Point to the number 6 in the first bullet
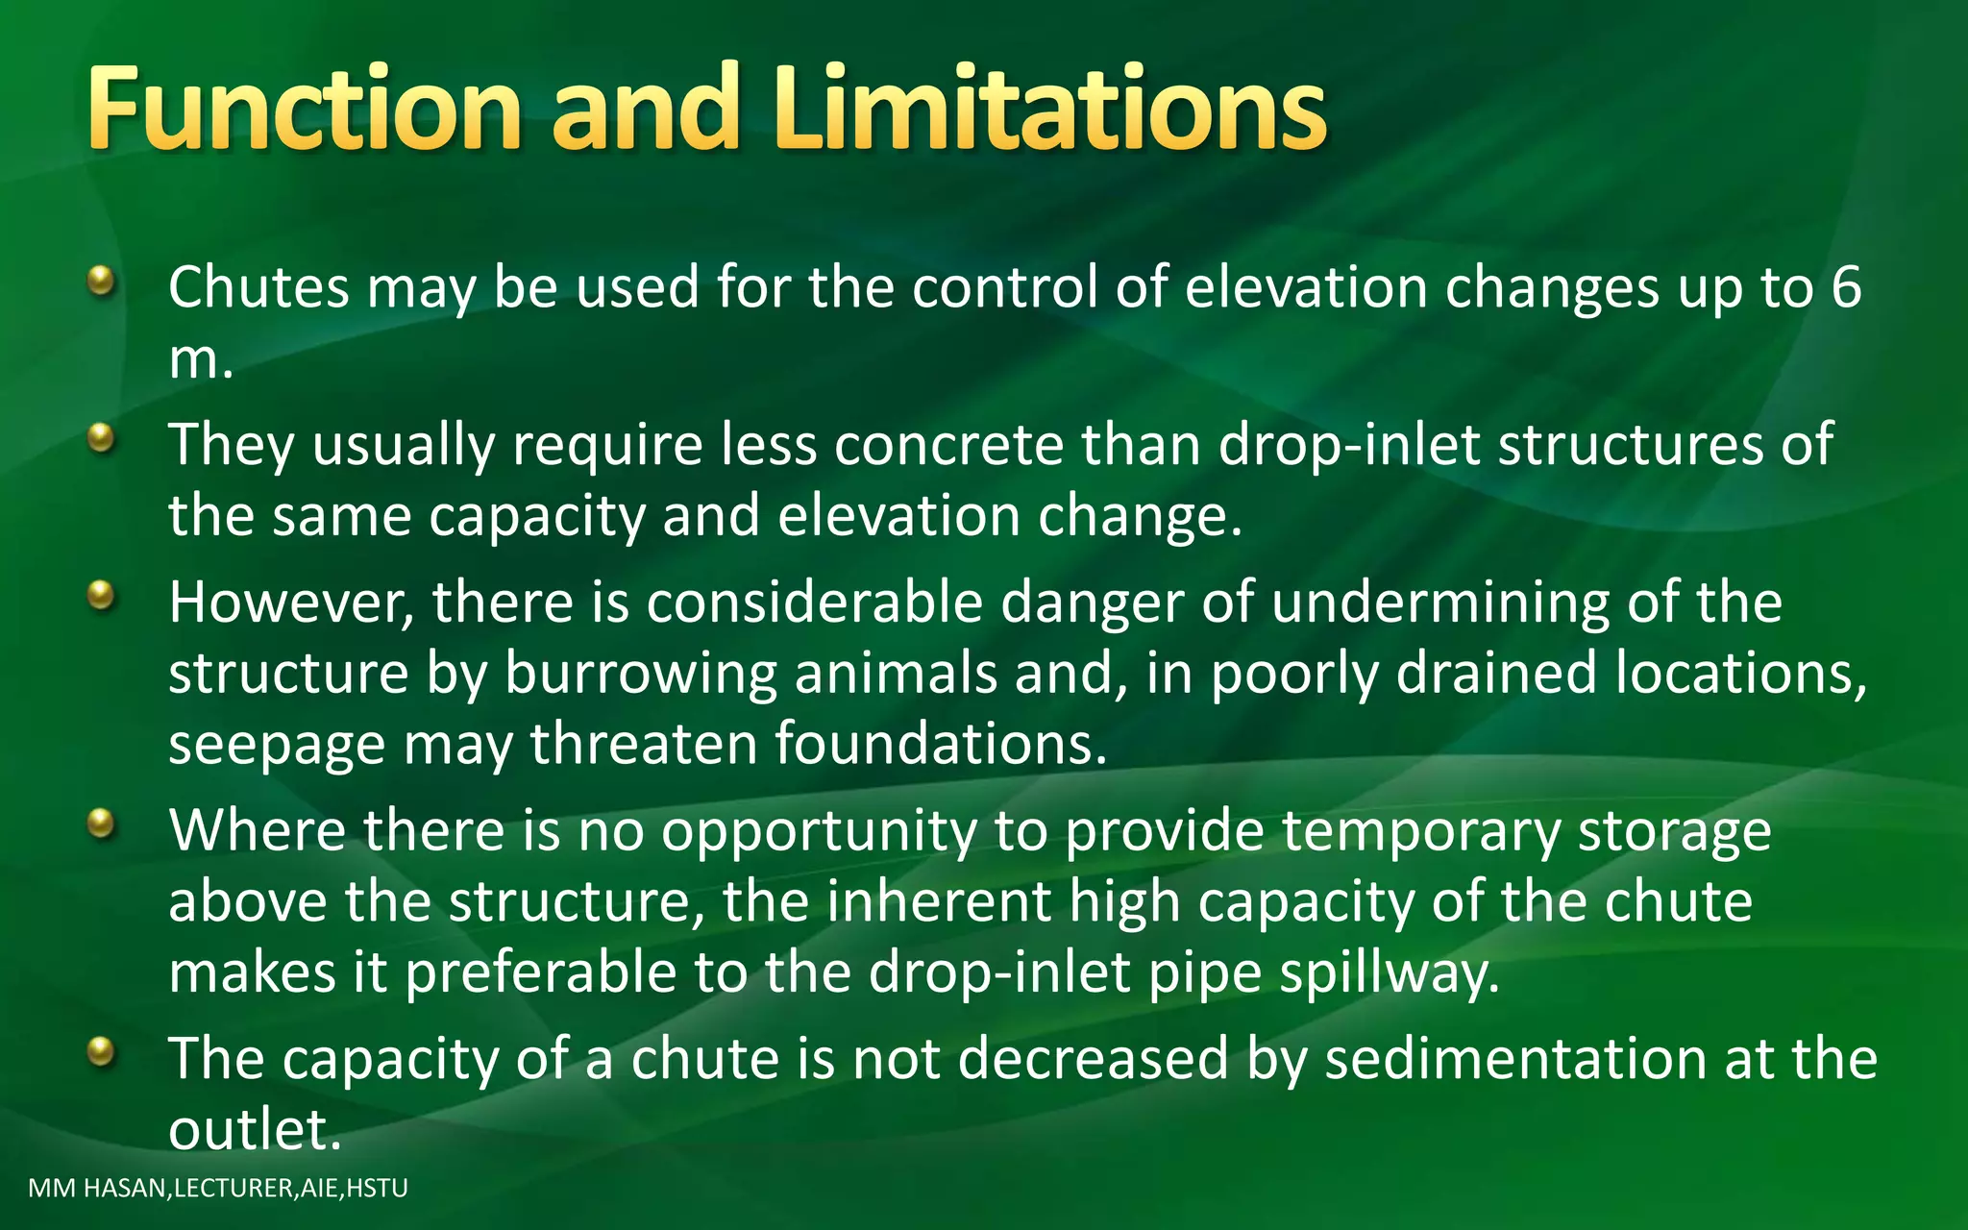tap(1846, 287)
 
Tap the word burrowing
tap(640, 674)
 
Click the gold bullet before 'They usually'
tap(101, 440)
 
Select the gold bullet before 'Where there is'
tap(101, 824)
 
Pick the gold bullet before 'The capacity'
tap(101, 1052)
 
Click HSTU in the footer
tap(377, 1189)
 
